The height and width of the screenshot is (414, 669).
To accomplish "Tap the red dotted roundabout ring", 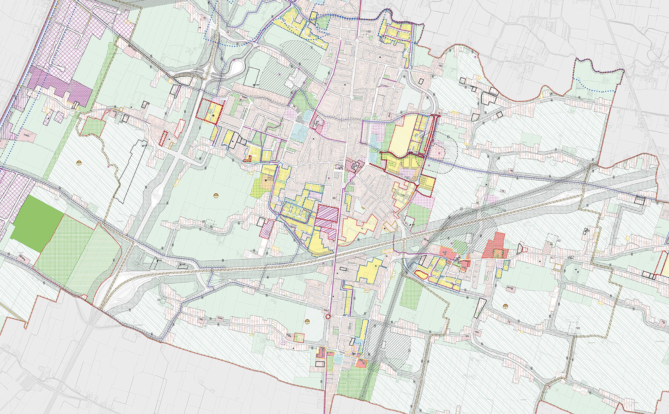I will pyautogui.click(x=328, y=317).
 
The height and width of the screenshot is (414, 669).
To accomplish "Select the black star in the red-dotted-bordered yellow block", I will pyautogui.click(x=213, y=116).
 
